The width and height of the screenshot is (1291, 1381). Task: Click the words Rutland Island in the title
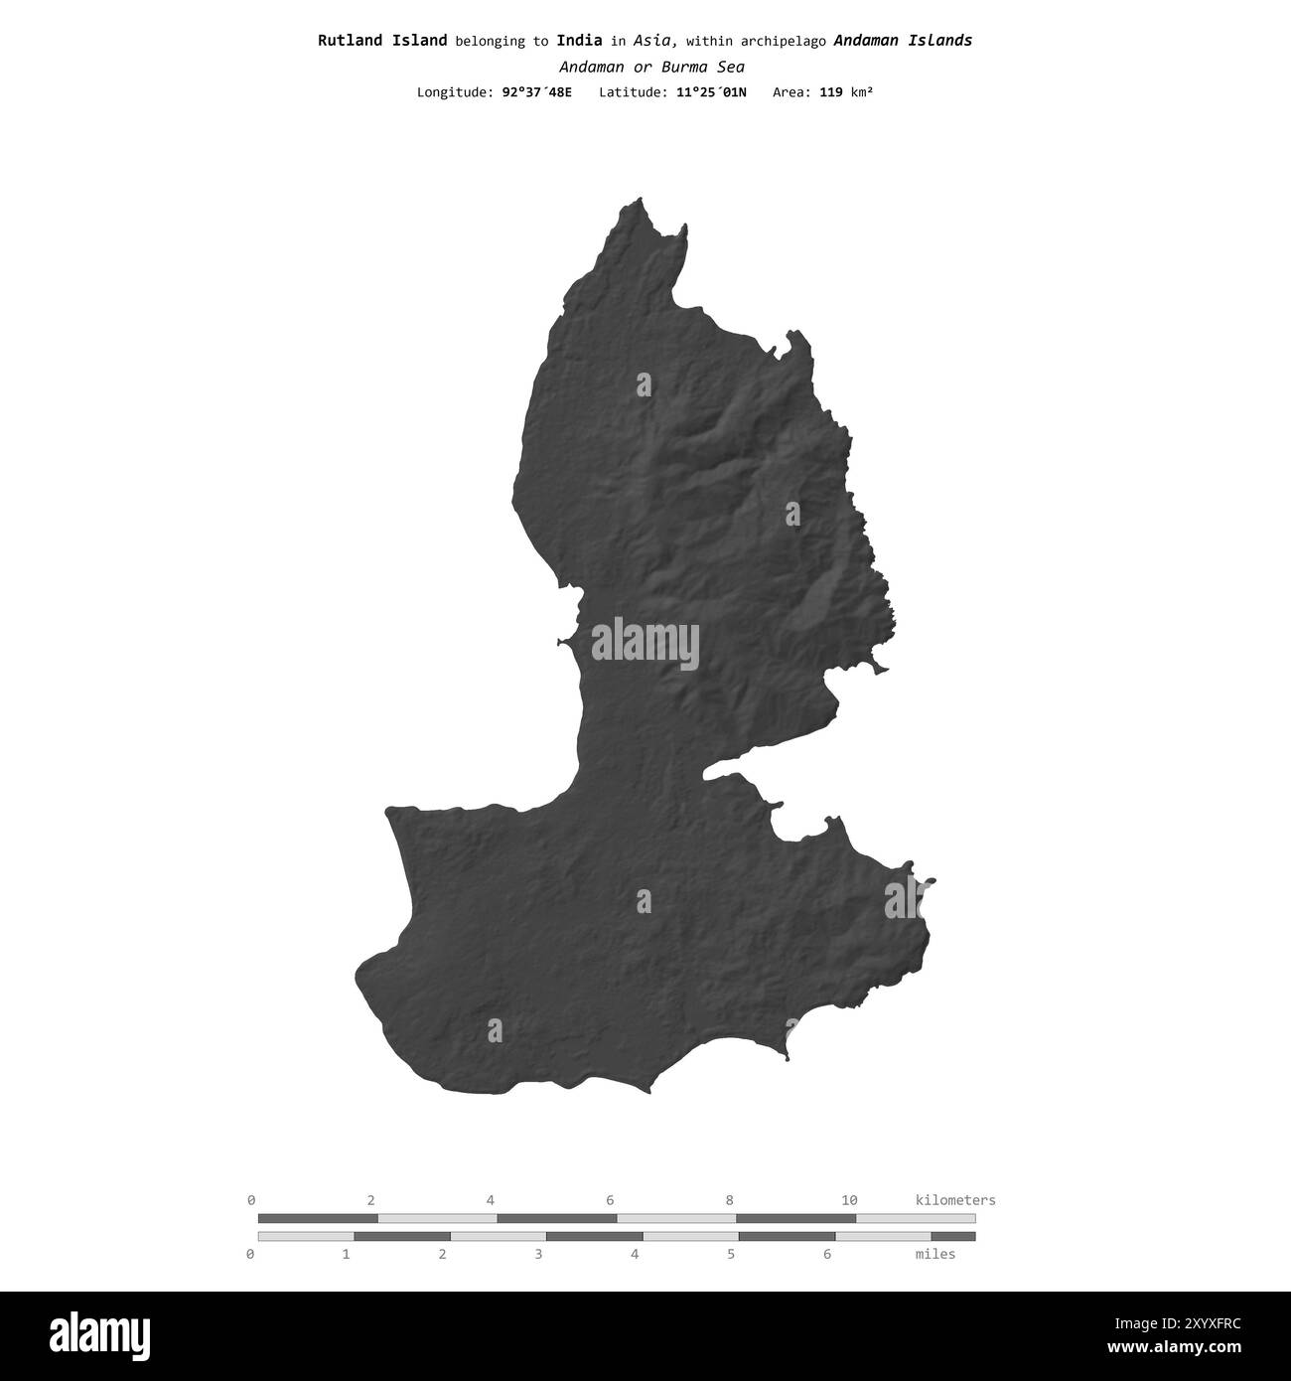[x=382, y=41]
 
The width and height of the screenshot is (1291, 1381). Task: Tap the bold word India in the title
[x=579, y=41]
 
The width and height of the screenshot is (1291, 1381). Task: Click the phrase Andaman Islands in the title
[x=903, y=41]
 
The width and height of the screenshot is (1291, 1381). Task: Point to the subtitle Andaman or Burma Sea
[x=651, y=68]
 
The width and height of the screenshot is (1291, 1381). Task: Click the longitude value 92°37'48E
[x=536, y=92]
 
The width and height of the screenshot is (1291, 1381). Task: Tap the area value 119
[x=831, y=92]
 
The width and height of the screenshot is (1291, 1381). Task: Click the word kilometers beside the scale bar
[x=954, y=1200]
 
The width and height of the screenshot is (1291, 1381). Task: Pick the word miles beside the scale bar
[x=934, y=1254]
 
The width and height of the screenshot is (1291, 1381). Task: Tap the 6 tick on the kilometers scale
[x=610, y=1200]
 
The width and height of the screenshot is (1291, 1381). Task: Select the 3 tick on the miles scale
[x=538, y=1254]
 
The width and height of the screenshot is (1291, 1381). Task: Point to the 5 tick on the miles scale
[x=731, y=1254]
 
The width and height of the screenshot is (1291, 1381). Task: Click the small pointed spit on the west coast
[x=561, y=642]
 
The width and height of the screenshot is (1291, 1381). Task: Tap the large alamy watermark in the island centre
[x=645, y=644]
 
